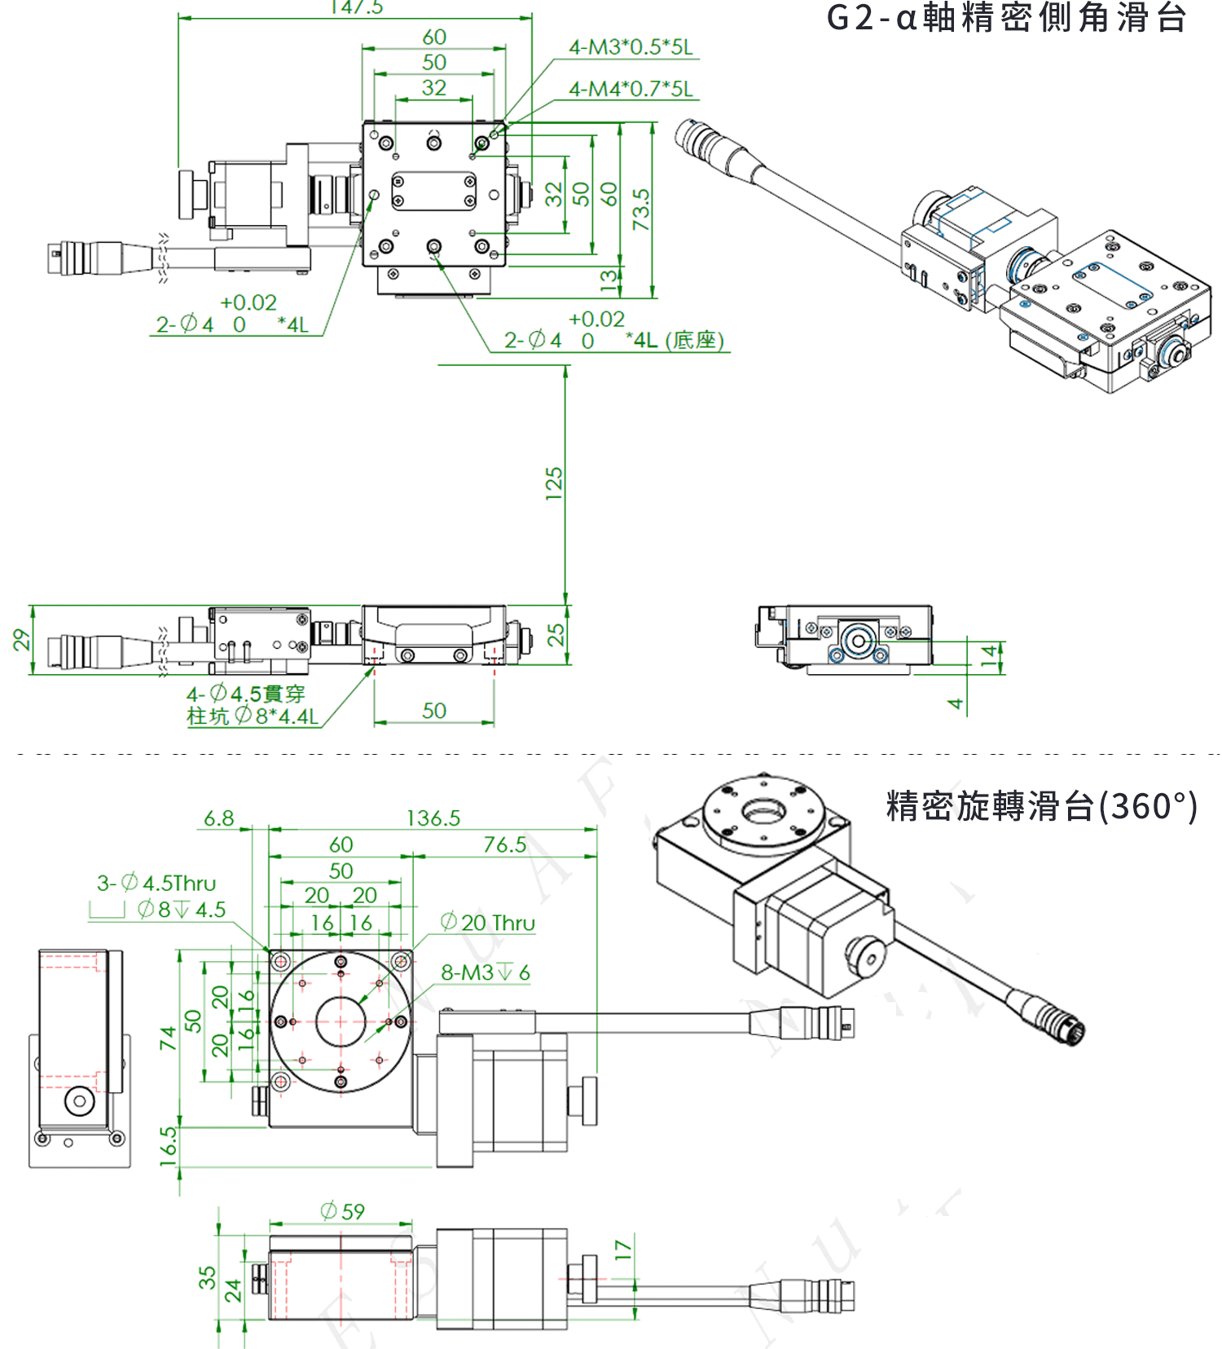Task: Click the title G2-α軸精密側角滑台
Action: (x=1006, y=18)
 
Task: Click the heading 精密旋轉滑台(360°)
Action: (x=1041, y=806)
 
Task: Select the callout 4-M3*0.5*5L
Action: (x=631, y=47)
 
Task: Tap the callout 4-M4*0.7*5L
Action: (x=631, y=89)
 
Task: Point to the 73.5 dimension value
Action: (x=641, y=209)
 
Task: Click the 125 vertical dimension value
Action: (x=554, y=483)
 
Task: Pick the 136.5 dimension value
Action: (x=433, y=818)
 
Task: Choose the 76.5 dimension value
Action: (x=505, y=844)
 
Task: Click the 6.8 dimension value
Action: (x=218, y=818)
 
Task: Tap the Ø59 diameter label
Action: (x=342, y=1211)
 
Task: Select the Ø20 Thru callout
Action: (x=488, y=923)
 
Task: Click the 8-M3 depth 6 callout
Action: (x=486, y=972)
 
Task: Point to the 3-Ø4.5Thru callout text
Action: (x=156, y=883)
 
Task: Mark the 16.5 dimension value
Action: (x=168, y=1146)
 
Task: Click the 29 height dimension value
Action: (x=21, y=640)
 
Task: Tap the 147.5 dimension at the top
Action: (x=356, y=7)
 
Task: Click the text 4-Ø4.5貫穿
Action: (x=245, y=694)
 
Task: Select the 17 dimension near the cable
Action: (x=622, y=1250)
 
